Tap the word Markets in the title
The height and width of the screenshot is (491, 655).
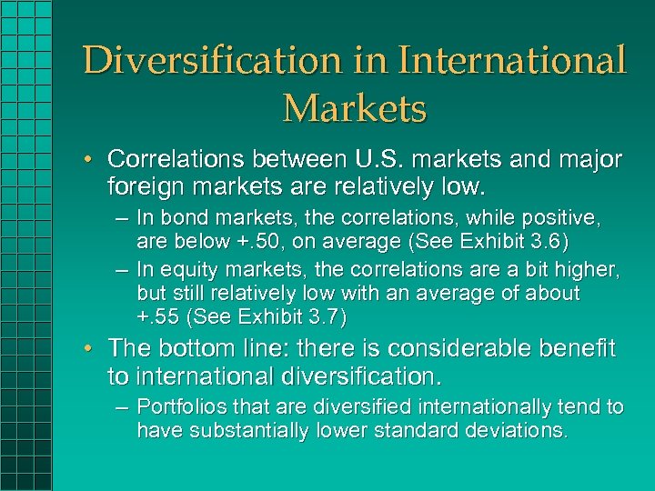coord(354,108)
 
